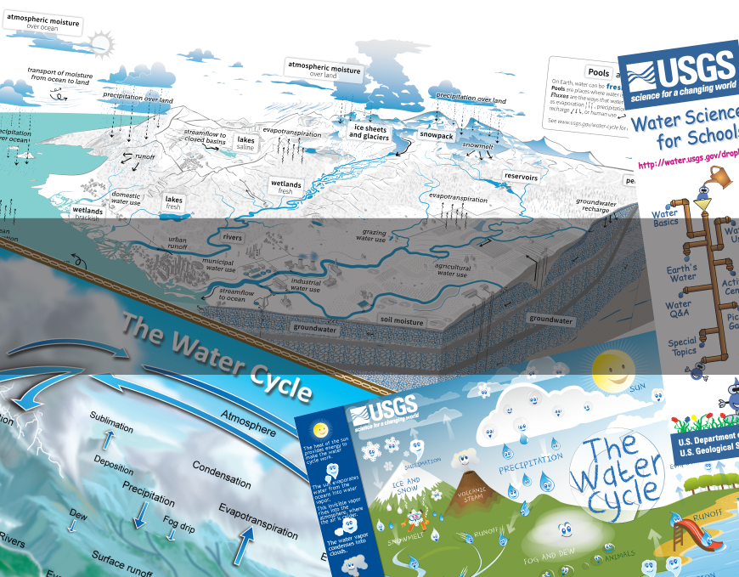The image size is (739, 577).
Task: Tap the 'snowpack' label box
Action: (437, 134)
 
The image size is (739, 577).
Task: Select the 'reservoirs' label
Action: (522, 177)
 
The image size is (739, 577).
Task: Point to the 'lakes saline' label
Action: (245, 143)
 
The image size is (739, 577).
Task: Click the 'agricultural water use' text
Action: (451, 270)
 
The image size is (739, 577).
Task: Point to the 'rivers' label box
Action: (232, 237)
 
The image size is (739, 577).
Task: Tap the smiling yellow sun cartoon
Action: (612, 367)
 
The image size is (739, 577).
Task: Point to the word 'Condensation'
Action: (221, 474)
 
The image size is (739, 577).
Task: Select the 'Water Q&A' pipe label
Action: (678, 309)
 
